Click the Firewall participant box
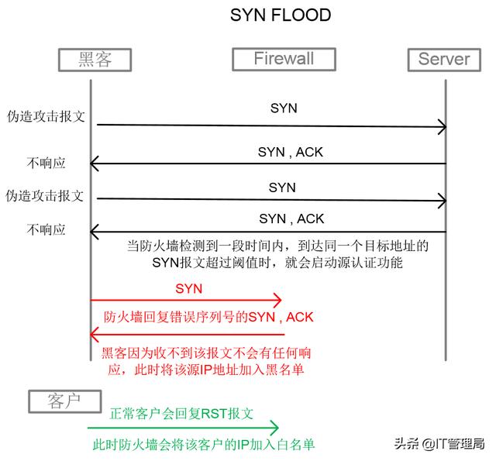click(x=284, y=58)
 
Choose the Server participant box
click(x=444, y=58)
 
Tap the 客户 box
click(x=65, y=401)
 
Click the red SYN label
click(x=188, y=288)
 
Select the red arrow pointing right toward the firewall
click(x=186, y=301)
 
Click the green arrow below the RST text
click(x=183, y=427)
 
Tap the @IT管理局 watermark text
click(x=453, y=444)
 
